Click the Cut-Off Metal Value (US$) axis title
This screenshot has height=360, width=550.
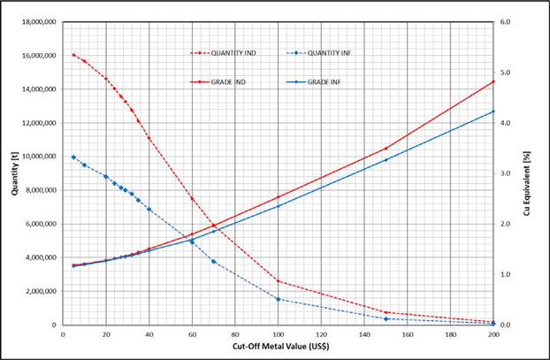[278, 349]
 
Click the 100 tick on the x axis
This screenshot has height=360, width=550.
[278, 334]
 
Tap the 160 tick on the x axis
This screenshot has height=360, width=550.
[407, 334]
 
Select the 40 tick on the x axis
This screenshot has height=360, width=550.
[149, 334]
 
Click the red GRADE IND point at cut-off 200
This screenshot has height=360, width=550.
[493, 81]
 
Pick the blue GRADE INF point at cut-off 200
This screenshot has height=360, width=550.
[493, 111]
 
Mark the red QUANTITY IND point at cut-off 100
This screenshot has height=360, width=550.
[278, 281]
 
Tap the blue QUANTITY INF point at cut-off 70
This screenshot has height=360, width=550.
[213, 262]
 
